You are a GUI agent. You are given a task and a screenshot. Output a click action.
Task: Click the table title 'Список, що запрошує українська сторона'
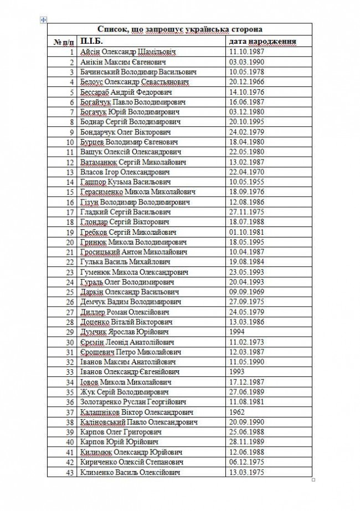(x=179, y=29)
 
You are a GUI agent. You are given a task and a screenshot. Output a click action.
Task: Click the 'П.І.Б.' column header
(x=91, y=41)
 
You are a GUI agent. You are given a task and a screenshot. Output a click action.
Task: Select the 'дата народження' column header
(x=263, y=41)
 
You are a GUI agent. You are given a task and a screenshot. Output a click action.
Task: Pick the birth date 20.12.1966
(x=248, y=82)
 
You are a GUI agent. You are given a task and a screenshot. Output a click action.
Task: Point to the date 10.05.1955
(x=248, y=182)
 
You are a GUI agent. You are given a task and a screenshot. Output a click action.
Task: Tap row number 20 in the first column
(x=70, y=242)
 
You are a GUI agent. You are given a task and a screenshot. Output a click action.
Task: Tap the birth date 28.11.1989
(x=248, y=442)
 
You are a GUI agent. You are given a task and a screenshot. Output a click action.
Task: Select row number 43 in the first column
(x=70, y=472)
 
